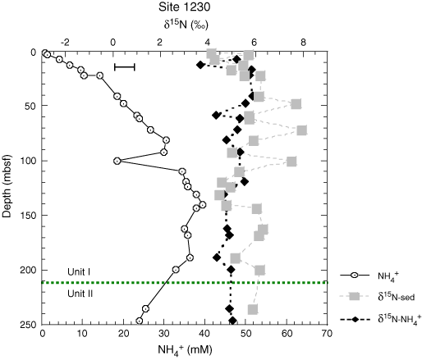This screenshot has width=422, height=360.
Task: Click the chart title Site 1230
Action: [184, 7]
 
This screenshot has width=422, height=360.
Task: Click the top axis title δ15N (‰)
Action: [186, 25]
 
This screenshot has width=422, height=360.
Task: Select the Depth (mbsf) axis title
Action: [7, 186]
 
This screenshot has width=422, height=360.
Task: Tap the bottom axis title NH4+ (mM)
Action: [185, 350]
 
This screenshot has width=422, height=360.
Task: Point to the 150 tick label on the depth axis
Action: [29, 216]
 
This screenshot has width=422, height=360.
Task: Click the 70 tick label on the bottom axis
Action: [327, 334]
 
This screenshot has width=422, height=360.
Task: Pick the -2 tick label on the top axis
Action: [65, 43]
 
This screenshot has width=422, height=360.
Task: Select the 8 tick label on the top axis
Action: [303, 43]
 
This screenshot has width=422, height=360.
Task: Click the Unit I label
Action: [79, 271]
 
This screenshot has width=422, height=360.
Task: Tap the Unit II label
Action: [80, 294]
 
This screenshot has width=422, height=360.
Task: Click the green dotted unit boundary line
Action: [185, 282]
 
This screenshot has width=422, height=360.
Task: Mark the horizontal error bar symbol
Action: [125, 67]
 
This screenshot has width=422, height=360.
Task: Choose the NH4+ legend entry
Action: [369, 276]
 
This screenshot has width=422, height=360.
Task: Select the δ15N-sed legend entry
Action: [378, 296]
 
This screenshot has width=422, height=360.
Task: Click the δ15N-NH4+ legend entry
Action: [379, 319]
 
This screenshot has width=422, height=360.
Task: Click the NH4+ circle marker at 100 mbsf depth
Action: [117, 161]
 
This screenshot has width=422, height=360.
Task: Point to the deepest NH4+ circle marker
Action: [140, 321]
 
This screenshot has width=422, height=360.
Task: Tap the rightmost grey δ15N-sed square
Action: [301, 130]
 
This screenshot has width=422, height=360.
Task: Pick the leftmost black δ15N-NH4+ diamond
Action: [200, 65]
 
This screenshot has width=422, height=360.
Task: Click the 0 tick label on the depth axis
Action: [34, 52]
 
